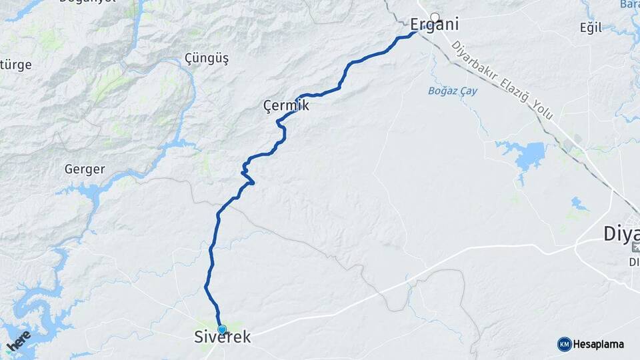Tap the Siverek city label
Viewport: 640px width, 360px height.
point(223,338)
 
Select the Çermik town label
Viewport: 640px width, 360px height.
point(286,106)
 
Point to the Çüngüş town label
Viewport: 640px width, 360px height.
point(206,59)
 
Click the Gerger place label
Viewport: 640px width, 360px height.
point(85,169)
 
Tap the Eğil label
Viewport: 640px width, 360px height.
point(591,28)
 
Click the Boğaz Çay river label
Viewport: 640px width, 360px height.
point(453,91)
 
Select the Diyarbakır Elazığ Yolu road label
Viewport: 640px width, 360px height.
point(503,81)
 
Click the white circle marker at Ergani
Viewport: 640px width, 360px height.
point(435,17)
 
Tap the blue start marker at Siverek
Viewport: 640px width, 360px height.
point(222,329)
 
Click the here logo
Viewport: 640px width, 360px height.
point(19,341)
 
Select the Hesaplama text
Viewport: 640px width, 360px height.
point(599,345)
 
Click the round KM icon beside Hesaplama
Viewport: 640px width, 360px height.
point(565,345)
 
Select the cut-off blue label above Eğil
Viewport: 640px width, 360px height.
point(629,4)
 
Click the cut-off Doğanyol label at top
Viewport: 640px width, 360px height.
point(87,2)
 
